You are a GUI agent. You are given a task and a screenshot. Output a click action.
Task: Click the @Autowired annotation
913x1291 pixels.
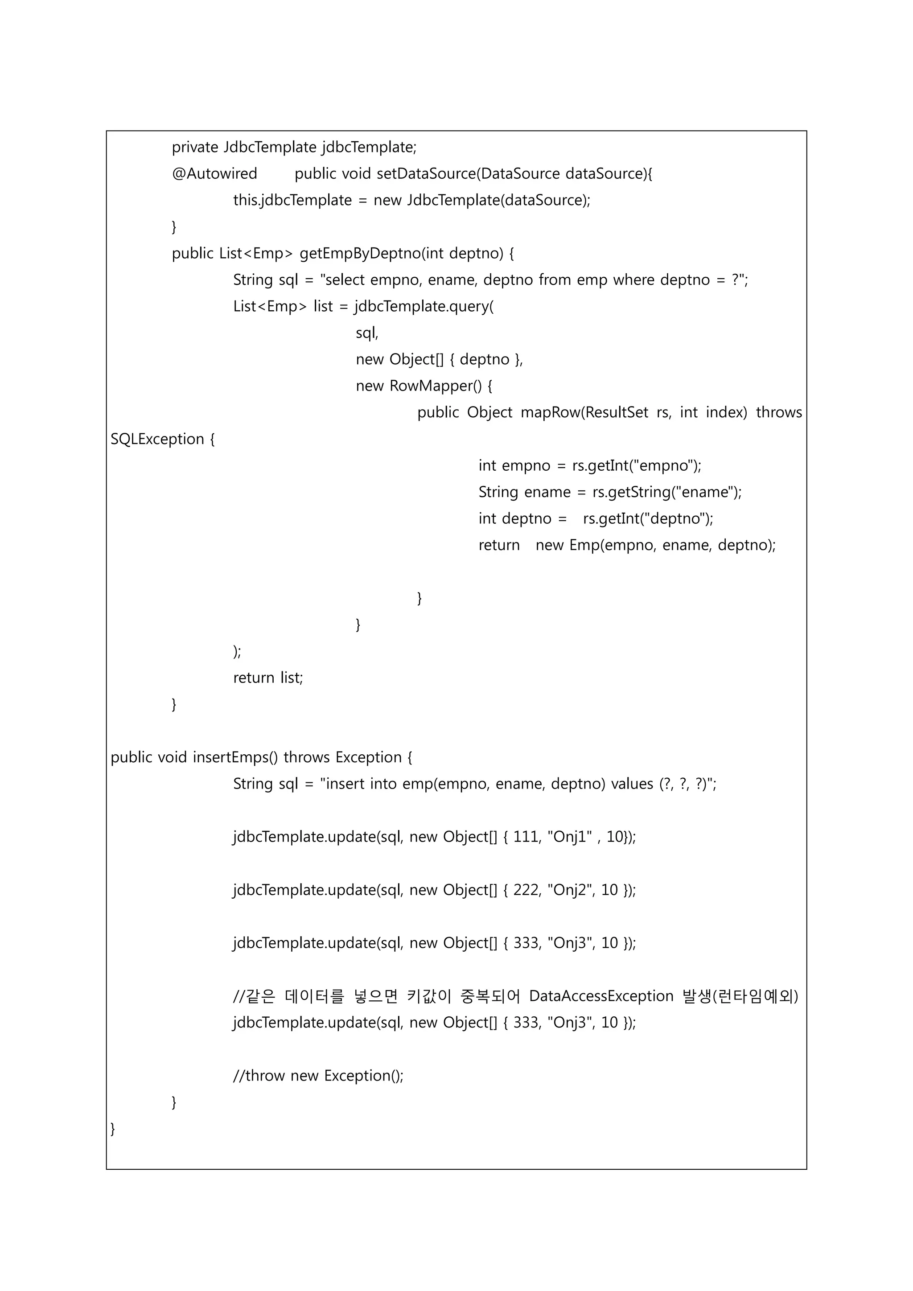(214, 174)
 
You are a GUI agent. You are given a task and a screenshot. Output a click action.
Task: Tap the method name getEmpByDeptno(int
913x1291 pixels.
(360, 254)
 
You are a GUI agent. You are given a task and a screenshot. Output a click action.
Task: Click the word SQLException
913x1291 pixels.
(157, 439)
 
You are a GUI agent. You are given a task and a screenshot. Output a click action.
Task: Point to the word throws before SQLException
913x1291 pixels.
(779, 413)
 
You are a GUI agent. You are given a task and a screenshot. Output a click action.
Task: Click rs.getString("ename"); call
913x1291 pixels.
(667, 493)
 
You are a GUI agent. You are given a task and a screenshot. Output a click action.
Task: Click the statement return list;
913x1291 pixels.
(268, 678)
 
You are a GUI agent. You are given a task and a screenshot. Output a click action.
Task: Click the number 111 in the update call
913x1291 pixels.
(526, 837)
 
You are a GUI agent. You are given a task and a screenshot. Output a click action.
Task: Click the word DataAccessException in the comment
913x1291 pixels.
(601, 996)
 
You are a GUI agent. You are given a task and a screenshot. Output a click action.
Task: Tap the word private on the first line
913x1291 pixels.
(195, 147)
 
